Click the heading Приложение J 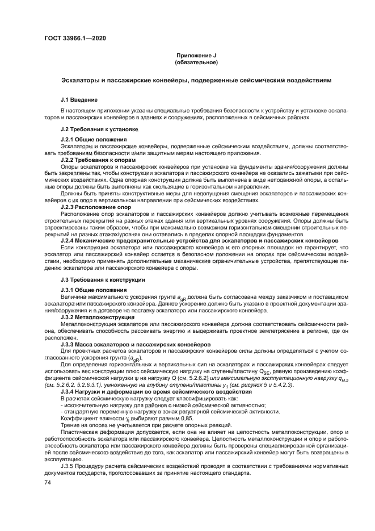196,55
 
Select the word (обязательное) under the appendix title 196,62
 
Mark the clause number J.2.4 70,240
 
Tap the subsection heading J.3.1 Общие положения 94,290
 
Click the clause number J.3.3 70,344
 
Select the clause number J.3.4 70,392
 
